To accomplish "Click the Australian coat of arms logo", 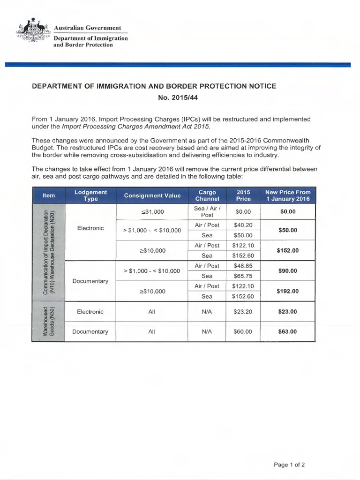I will tap(32, 32).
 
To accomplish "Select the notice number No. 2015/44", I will tap(180, 98).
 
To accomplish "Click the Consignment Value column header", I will tap(151, 195).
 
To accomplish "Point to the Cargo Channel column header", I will tap(207, 195).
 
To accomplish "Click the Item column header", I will tap(48, 195).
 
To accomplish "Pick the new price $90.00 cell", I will tap(287, 271).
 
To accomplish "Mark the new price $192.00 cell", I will tap(287, 291).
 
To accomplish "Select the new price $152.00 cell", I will tap(287, 250).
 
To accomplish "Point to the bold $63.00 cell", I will tap(287, 331).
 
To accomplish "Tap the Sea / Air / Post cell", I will tap(207, 211).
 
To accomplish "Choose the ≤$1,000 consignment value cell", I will tap(151, 211).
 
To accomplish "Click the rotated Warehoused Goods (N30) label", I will tap(49, 321).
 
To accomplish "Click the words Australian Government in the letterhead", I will tap(87, 28).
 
